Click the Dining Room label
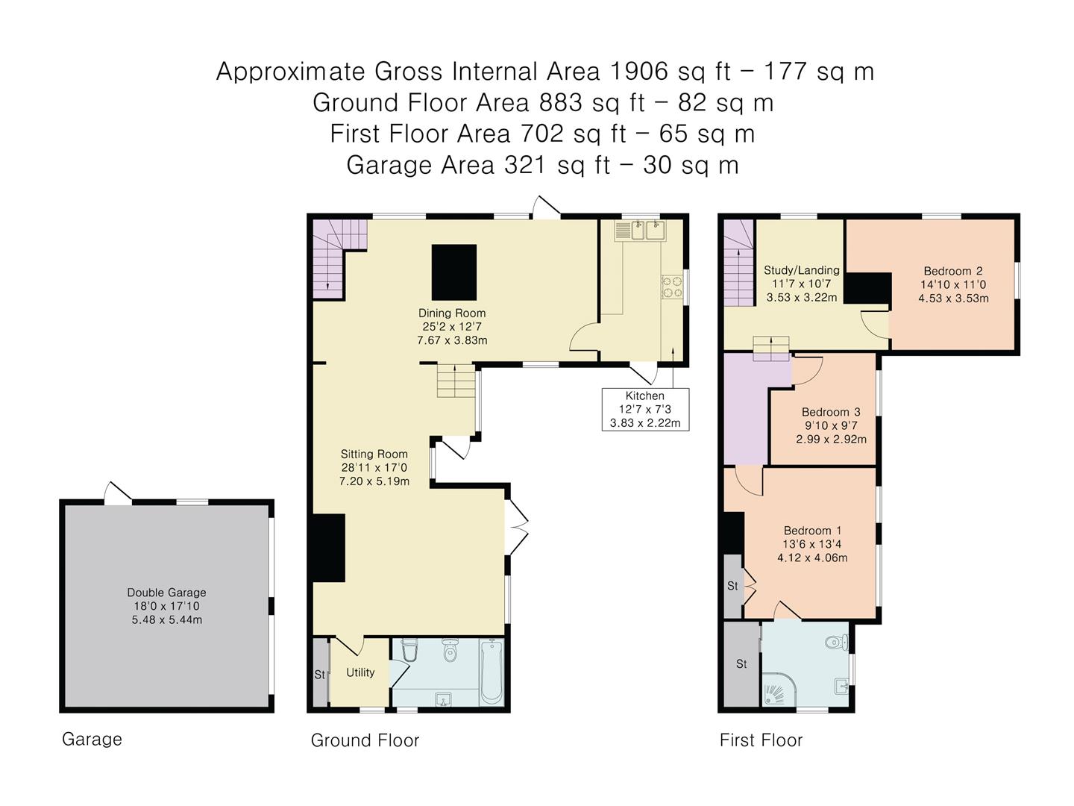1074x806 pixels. click(452, 313)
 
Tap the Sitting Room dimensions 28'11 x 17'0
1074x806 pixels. click(374, 467)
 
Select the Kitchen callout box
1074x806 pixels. click(645, 410)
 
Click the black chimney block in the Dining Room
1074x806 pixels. click(454, 272)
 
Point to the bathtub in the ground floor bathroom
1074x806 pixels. click(492, 672)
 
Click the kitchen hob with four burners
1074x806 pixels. click(672, 287)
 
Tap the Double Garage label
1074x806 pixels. click(166, 592)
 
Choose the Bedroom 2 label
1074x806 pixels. click(953, 271)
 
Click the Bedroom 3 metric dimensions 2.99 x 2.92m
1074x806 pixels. click(831, 439)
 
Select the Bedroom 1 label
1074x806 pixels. click(812, 531)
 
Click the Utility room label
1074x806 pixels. click(360, 673)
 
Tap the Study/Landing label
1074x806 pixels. click(802, 270)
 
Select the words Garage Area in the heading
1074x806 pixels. click(421, 165)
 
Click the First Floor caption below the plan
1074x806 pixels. click(761, 740)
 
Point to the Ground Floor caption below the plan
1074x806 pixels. click(365, 740)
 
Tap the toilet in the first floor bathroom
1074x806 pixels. click(836, 642)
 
